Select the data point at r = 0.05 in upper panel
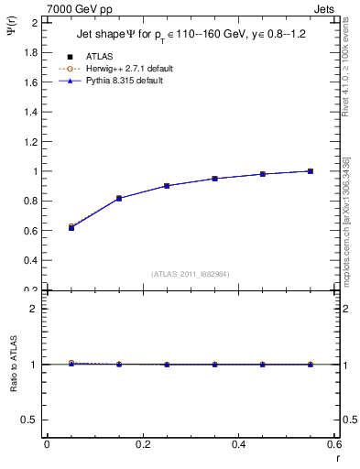(71, 227)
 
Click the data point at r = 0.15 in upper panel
(119, 198)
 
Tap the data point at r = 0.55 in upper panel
(311, 171)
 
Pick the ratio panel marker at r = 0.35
(214, 365)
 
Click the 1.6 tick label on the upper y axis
(30, 82)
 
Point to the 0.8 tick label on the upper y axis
(30, 201)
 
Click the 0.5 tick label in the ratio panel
(30, 420)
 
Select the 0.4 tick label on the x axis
(238, 444)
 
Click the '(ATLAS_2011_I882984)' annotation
(191, 274)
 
